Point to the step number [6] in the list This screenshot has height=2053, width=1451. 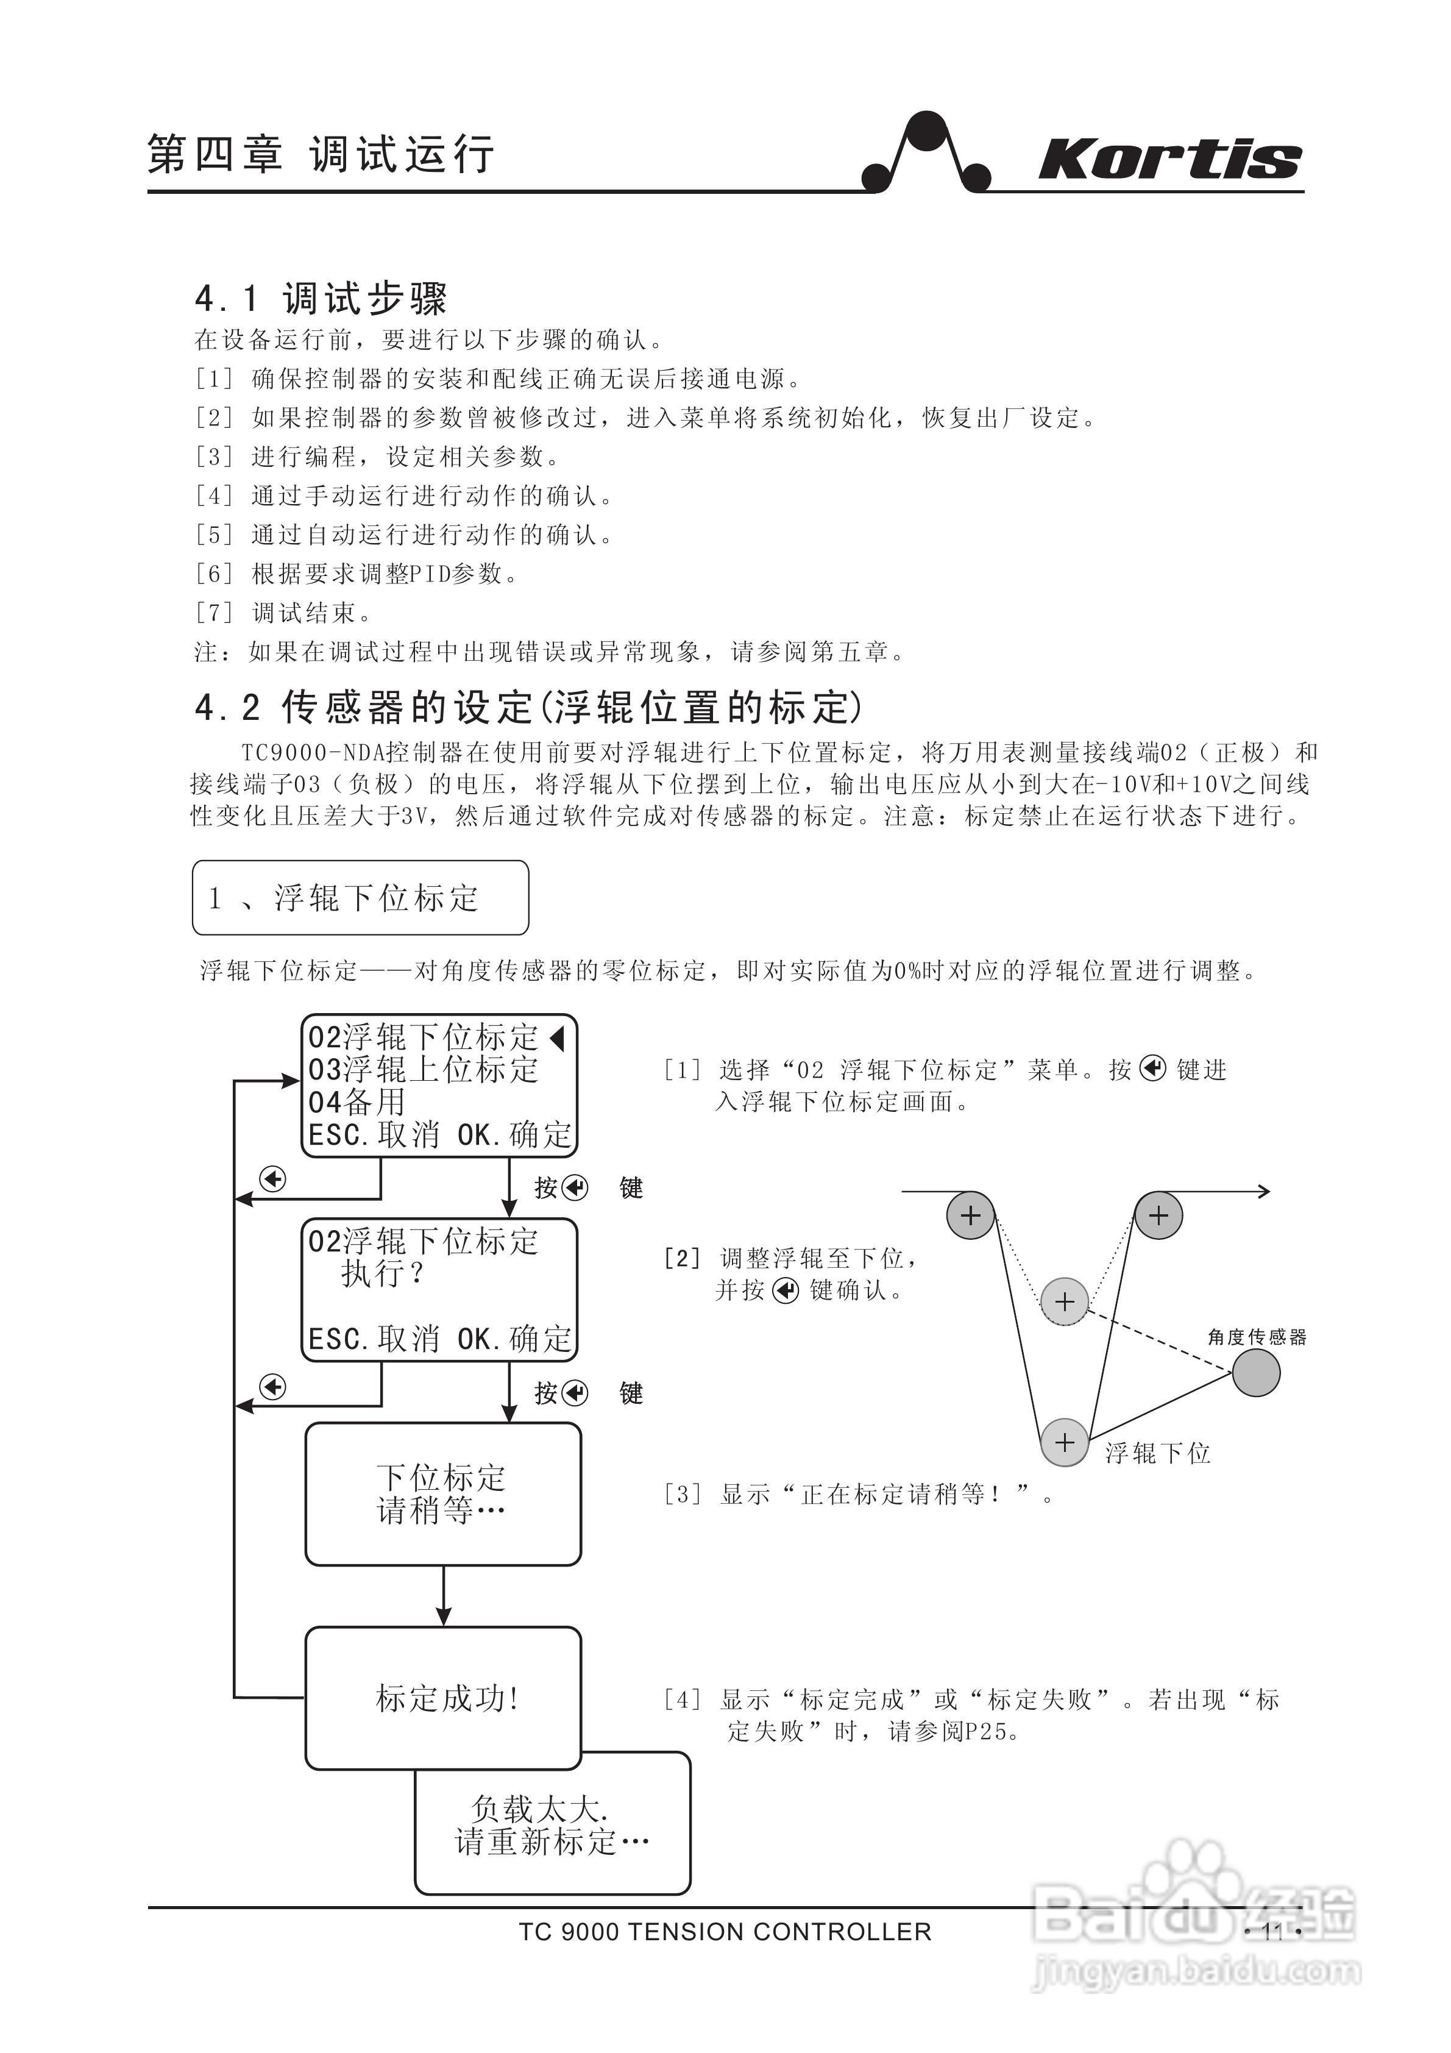pos(215,573)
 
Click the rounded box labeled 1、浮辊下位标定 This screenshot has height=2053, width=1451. pos(360,898)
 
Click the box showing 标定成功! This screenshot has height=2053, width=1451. pos(444,1698)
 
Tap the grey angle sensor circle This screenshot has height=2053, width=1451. pos(1256,1373)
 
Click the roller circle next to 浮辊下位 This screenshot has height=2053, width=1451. pos(1065,1442)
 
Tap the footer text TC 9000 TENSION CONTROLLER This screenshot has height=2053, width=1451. pos(725,1932)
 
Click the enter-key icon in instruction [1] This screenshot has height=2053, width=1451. pos(1153,1069)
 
